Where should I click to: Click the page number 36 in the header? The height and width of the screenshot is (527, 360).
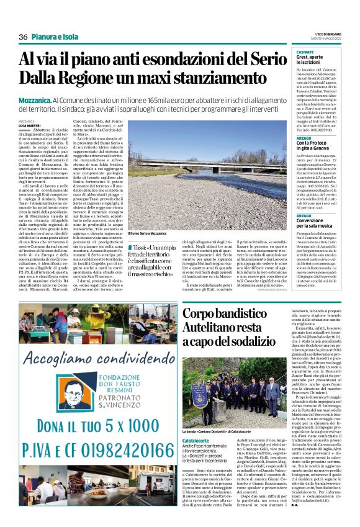click(24, 37)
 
